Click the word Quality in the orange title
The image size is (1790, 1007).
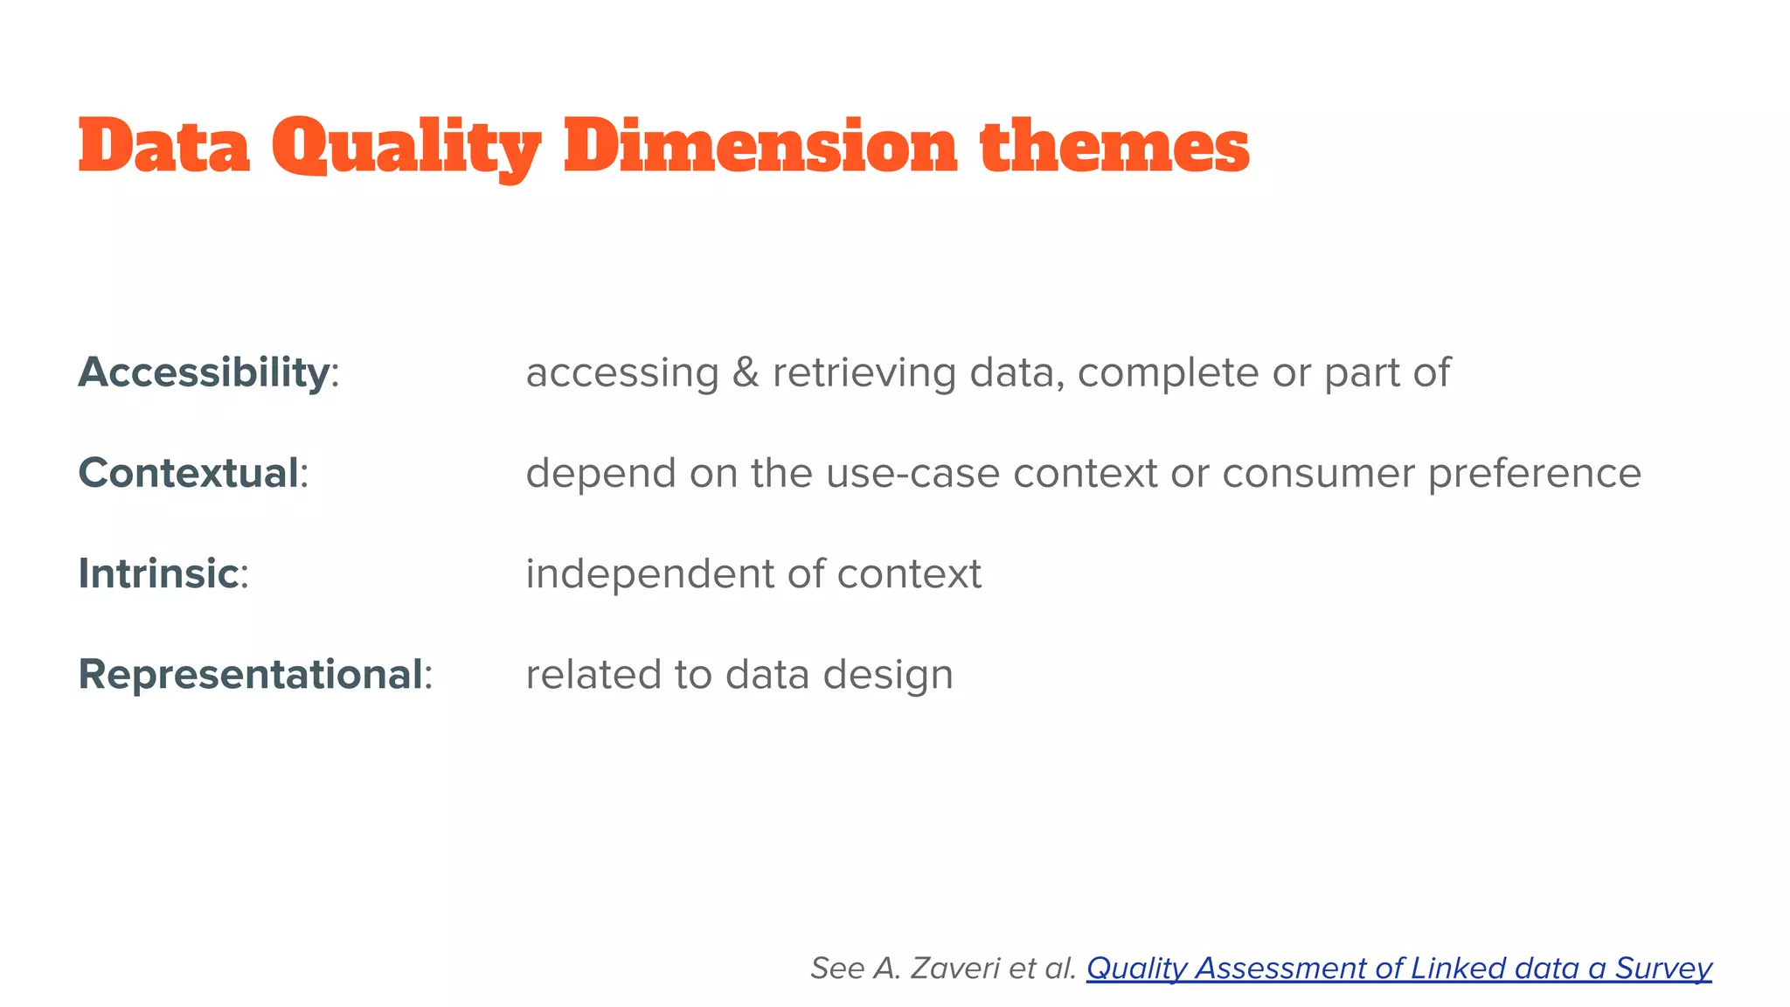coord(406,147)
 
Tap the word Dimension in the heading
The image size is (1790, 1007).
coord(760,147)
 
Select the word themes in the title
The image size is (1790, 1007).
coord(1114,147)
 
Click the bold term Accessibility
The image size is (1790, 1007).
coord(204,372)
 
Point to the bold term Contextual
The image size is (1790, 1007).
coord(189,473)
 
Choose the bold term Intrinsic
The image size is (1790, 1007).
coord(158,573)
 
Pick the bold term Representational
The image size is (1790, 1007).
coord(251,674)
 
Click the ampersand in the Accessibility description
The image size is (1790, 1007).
coord(746,372)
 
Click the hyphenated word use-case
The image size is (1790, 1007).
coord(912,473)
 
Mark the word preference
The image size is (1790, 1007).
coord(1535,473)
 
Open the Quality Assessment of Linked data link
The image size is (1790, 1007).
coord(1398,968)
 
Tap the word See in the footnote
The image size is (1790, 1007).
coord(836,968)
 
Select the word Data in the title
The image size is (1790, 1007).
coord(164,147)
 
